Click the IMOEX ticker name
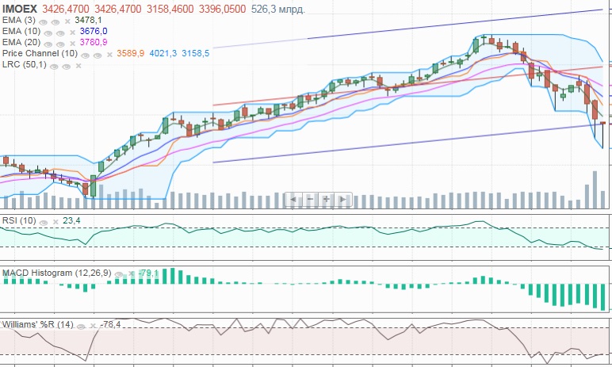click(x=19, y=8)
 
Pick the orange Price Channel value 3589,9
click(x=130, y=53)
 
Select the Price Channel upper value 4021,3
click(x=164, y=53)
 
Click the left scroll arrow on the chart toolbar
click(x=293, y=199)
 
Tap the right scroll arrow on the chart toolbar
click(x=343, y=199)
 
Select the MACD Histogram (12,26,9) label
click(x=52, y=273)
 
